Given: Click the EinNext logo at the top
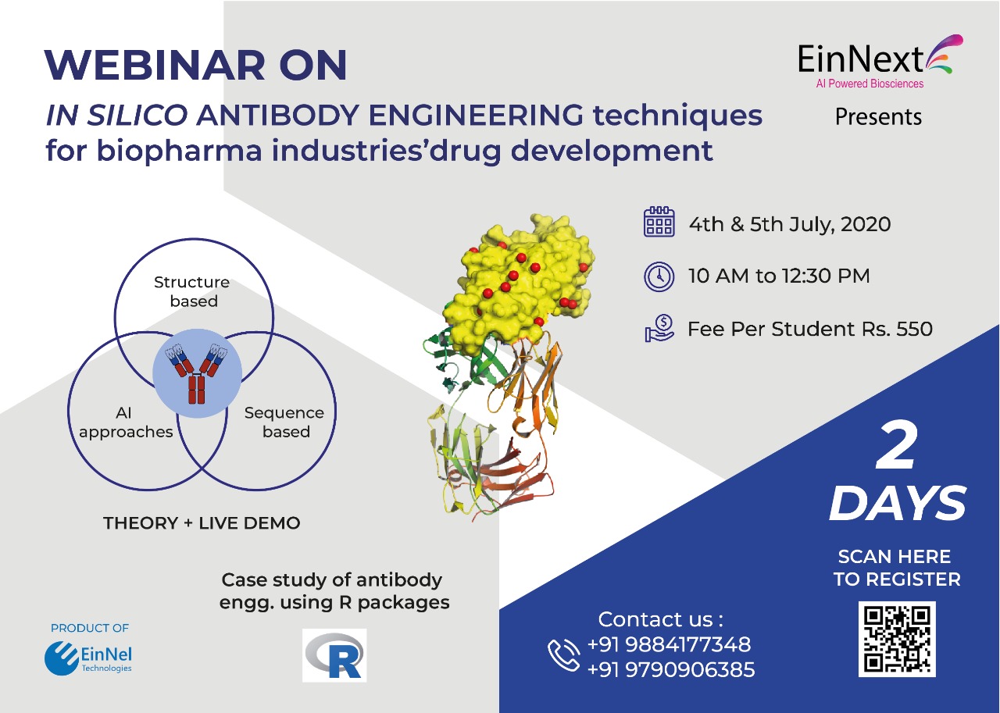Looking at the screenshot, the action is point(880,62).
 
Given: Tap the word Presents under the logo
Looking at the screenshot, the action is point(878,117).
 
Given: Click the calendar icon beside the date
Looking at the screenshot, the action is point(659,221).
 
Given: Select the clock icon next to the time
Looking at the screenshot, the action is point(659,276).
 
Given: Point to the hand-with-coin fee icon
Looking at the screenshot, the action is point(659,328).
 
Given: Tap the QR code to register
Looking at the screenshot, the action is point(897,639).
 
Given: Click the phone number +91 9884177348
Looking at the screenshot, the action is point(670,644).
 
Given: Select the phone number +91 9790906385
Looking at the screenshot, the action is point(671,670).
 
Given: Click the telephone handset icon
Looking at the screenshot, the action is point(564,655).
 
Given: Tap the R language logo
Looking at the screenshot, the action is point(334,655).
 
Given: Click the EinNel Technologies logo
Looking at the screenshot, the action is point(88,658).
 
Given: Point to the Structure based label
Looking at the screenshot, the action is point(192,291).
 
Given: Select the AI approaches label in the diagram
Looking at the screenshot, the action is point(126,422).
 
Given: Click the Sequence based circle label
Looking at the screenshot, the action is point(284,422).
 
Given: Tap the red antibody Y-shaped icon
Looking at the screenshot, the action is point(196,373).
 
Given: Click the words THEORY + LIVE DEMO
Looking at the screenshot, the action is point(202,523).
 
